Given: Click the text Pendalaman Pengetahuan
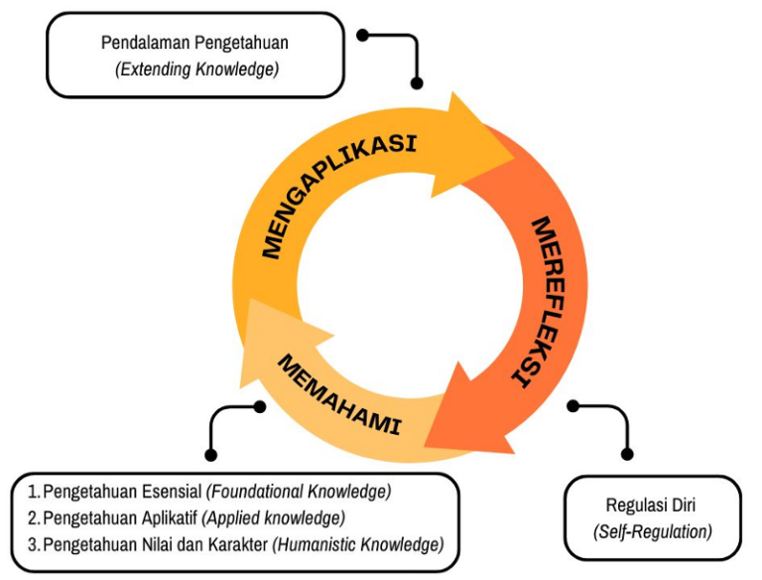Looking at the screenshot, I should click(x=194, y=44).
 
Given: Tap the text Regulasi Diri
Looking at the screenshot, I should click(x=652, y=506).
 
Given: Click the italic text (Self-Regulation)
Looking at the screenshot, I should click(x=652, y=531).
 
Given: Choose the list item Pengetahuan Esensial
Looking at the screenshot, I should click(x=123, y=492).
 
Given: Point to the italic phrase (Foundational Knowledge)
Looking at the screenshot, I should click(x=299, y=492).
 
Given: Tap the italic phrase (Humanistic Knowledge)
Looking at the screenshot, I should click(x=358, y=544).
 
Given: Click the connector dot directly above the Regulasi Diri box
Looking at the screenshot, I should click(x=626, y=454).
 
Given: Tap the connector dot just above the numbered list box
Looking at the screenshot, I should click(x=210, y=454).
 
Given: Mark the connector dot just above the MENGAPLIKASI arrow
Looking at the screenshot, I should click(x=417, y=83).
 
